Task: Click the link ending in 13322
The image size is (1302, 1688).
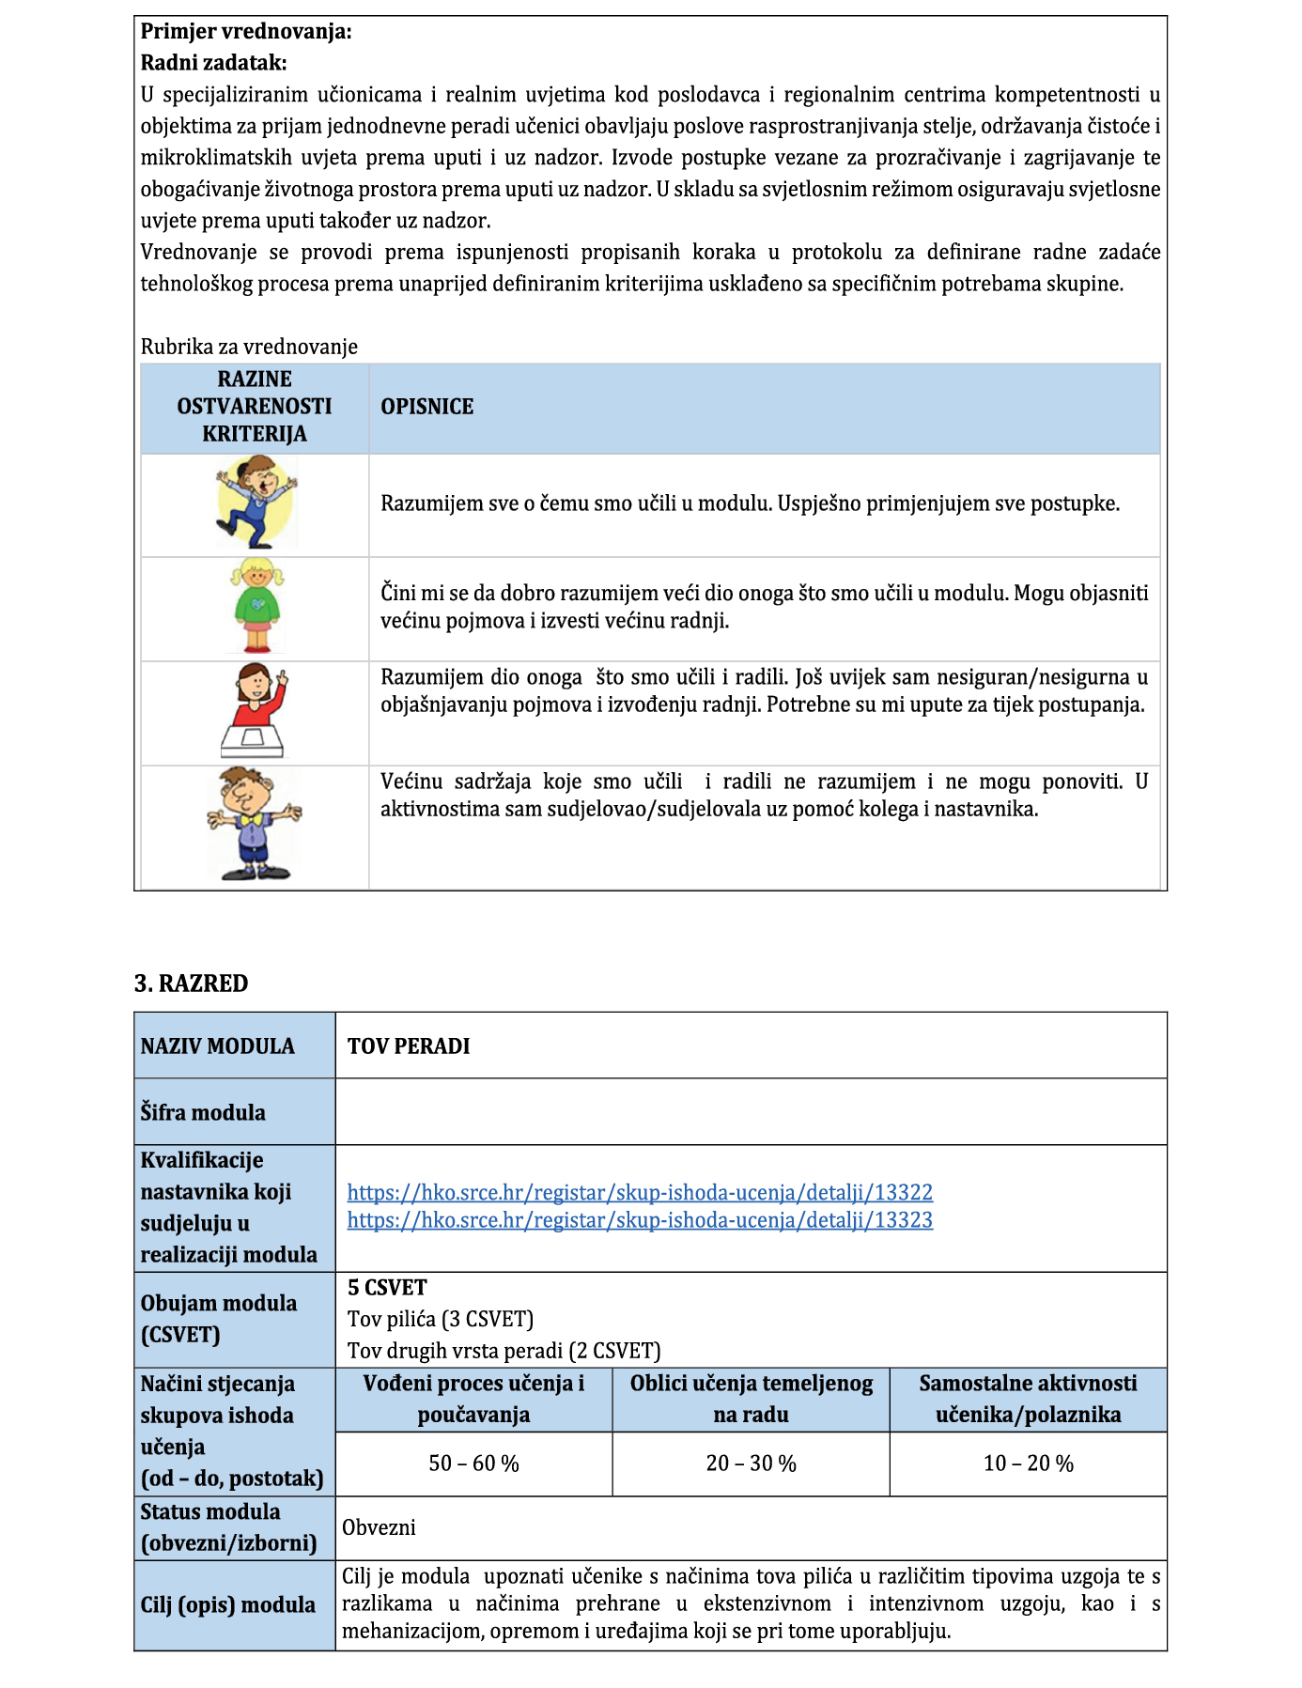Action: [640, 1192]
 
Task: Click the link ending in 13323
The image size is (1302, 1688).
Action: [640, 1220]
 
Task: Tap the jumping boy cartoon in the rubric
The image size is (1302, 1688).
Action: [256, 502]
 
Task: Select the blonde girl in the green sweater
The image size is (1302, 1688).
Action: [256, 606]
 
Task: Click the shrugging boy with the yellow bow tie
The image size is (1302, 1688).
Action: [255, 824]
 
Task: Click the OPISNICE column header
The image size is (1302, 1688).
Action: [426, 407]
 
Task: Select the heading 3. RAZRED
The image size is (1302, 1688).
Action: [192, 983]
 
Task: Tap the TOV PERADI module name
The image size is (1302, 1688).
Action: [409, 1046]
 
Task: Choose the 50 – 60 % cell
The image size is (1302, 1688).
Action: [473, 1463]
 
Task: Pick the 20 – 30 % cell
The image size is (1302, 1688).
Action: [751, 1463]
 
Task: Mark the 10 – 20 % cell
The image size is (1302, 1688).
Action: [1028, 1463]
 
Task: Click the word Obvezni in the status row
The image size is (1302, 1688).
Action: [379, 1527]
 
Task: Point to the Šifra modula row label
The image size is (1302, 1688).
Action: [203, 1112]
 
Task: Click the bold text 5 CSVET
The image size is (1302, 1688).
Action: [387, 1288]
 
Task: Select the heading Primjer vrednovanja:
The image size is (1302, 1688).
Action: [246, 32]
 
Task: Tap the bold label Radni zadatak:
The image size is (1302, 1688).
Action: [213, 63]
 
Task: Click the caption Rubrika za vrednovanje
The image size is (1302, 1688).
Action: [249, 347]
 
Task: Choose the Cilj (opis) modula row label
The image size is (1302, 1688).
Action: [228, 1604]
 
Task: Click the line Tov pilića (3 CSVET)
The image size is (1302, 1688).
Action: [440, 1319]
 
